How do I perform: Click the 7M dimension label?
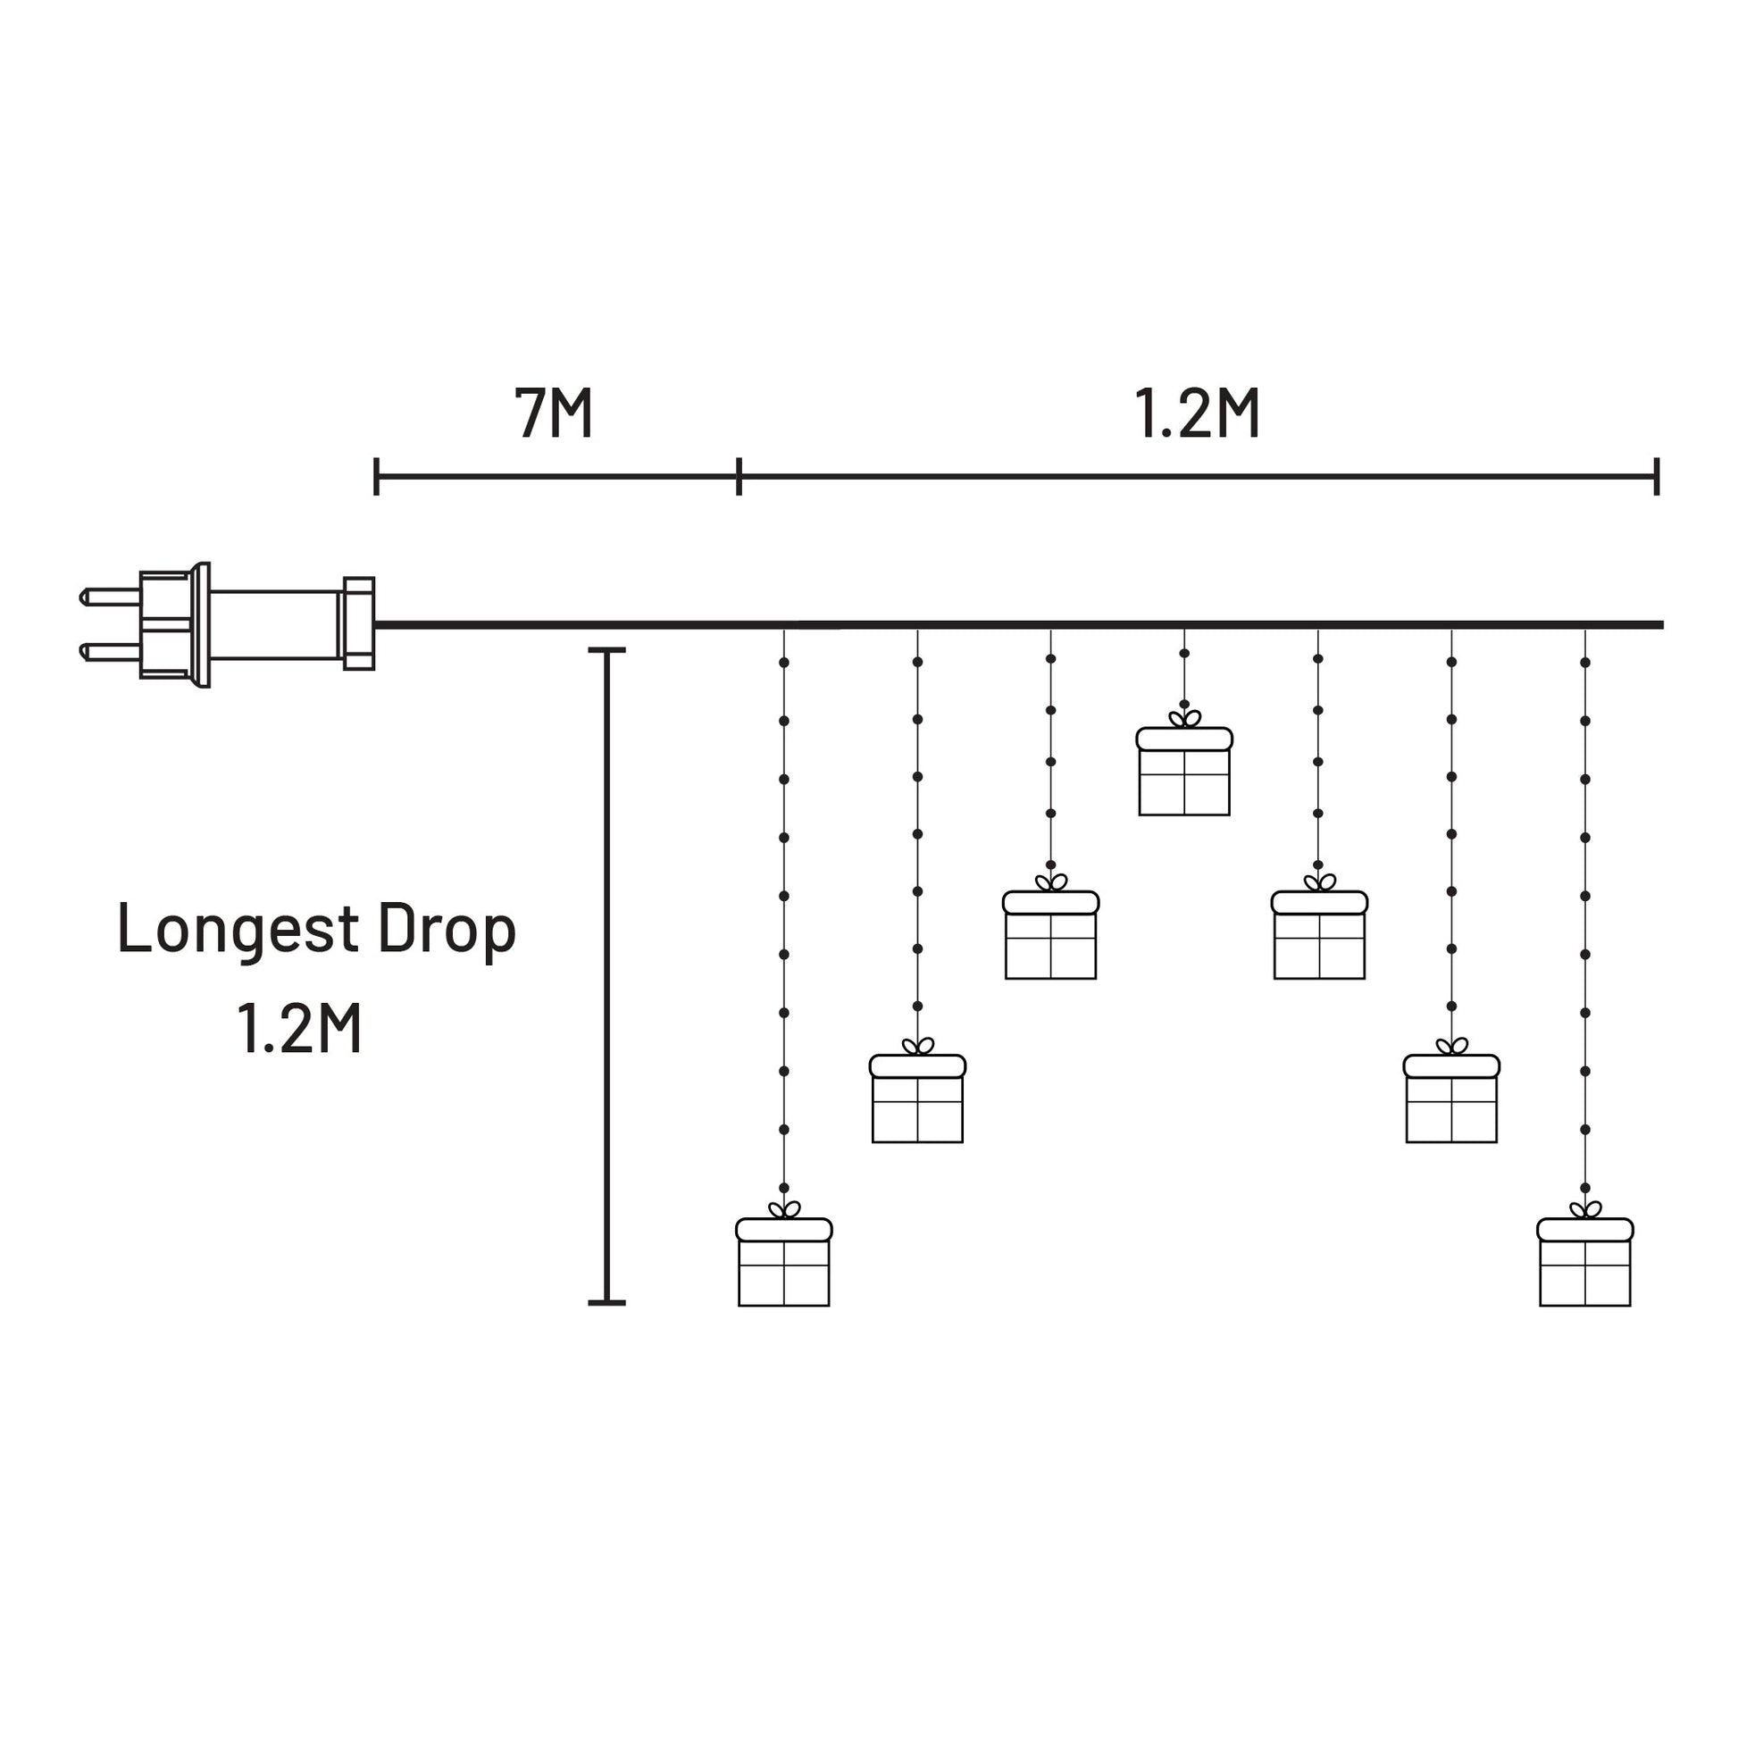pos(553,414)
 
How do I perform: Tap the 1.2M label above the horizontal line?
pos(1197,414)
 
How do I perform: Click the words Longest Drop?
pos(317,929)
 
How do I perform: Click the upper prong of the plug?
pos(110,597)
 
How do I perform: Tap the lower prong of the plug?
pos(110,652)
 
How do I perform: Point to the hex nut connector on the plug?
pos(359,623)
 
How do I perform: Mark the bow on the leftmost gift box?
pos(784,1210)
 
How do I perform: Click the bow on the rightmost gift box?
pos(1586,1210)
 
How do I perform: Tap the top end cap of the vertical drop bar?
pos(606,649)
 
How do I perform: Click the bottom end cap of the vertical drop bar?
pos(606,1301)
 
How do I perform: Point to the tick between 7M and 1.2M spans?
pos(739,476)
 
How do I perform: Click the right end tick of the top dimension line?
pos(1656,476)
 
